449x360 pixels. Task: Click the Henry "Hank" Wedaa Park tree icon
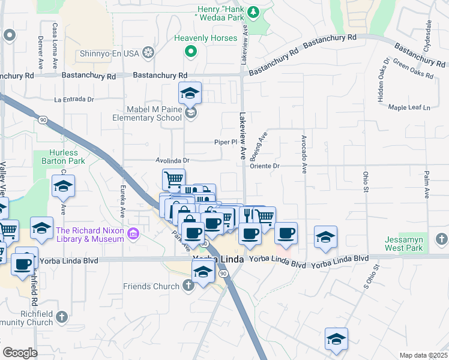click(x=254, y=11)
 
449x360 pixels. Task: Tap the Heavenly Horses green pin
click(x=191, y=52)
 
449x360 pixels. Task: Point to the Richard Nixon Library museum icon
click(x=133, y=233)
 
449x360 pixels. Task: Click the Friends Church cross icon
click(x=188, y=286)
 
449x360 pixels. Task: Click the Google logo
click(x=19, y=353)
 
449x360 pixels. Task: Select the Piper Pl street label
click(x=227, y=142)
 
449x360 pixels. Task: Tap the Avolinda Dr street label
click(x=172, y=161)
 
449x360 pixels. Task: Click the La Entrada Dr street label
click(x=74, y=100)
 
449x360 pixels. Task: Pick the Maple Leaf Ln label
click(x=409, y=108)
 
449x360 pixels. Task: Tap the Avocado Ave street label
click(x=304, y=161)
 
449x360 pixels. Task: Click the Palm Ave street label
click(x=427, y=185)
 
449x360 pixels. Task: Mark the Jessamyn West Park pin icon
click(x=442, y=240)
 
